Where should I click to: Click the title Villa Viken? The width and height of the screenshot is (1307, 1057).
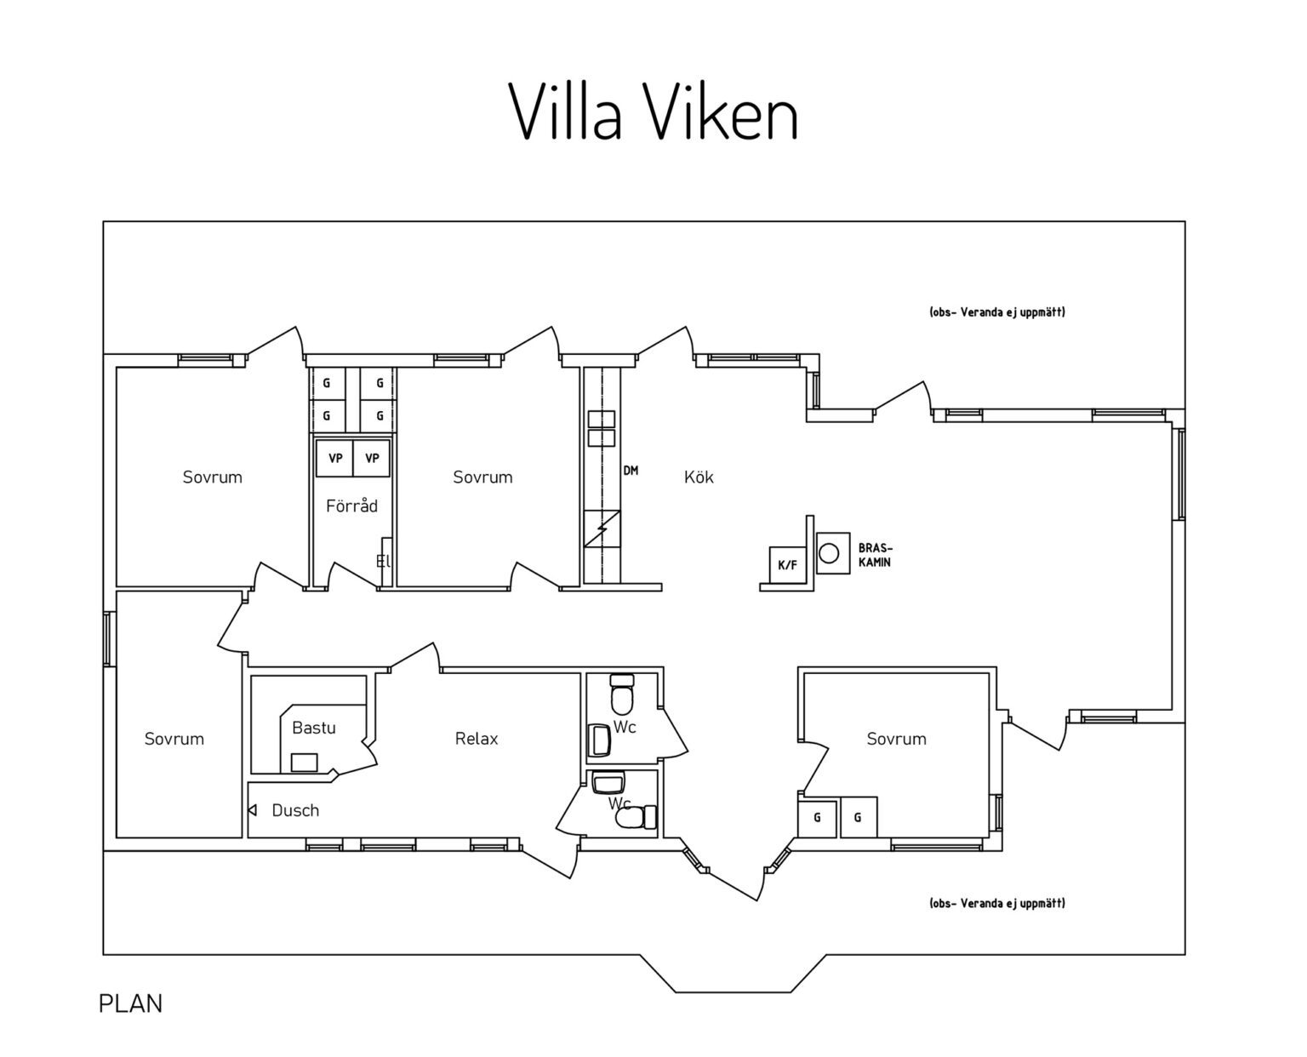tap(653, 113)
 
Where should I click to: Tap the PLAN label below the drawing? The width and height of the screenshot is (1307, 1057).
tap(130, 1003)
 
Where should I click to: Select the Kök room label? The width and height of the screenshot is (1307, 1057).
tap(699, 477)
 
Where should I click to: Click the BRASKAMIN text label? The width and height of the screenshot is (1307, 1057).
tap(876, 555)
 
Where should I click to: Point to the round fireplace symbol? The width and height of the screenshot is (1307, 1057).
tap(829, 554)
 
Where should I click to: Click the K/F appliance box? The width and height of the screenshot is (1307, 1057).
tap(788, 564)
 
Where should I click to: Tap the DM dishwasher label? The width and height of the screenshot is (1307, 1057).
tap(631, 471)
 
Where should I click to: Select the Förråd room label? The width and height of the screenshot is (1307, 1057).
tap(351, 506)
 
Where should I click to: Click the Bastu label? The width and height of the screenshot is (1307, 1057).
tap(313, 728)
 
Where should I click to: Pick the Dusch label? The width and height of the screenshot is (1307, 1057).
tap(295, 810)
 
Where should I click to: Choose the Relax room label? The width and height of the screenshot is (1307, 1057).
tap(477, 739)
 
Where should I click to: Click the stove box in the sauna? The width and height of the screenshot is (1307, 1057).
tap(304, 762)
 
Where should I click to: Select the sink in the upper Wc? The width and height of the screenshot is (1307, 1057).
tap(600, 739)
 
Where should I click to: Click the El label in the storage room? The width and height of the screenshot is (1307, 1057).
tap(383, 561)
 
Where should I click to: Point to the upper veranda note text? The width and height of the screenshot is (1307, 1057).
tap(997, 312)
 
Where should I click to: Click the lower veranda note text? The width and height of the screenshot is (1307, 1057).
tap(997, 903)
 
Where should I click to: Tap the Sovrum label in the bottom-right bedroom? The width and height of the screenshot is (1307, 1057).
tap(896, 739)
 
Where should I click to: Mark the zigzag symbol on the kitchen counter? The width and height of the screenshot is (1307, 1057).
tap(602, 528)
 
